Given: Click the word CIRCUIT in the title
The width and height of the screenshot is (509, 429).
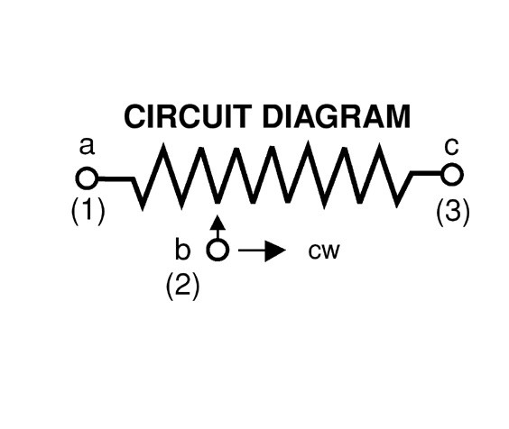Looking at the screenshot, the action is click(188, 116).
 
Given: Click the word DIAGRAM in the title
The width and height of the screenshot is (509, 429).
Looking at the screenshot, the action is click(337, 116).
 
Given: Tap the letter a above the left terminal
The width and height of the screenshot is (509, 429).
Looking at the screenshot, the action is click(87, 147).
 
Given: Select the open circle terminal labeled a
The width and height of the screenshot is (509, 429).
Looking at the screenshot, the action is click(87, 178).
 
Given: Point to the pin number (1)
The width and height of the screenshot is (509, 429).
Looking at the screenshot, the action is click(88, 211).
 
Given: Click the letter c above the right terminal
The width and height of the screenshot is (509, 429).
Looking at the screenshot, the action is click(451, 147).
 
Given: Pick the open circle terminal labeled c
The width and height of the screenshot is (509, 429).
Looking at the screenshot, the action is click(452, 175).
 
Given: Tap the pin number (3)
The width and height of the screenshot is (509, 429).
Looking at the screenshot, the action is click(452, 213).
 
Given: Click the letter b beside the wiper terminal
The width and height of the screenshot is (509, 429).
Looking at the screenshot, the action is click(182, 249).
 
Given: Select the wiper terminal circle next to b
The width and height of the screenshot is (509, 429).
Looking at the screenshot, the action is click(217, 250).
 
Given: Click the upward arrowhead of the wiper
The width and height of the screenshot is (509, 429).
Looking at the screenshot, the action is click(217, 223).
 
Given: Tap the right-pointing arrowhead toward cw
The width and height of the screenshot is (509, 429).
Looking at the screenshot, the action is click(275, 250).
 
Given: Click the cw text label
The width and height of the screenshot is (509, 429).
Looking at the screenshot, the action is click(324, 251).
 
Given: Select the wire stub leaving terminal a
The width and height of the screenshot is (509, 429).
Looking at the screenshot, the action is click(116, 178).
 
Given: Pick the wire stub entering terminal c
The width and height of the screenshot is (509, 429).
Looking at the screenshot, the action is click(427, 173).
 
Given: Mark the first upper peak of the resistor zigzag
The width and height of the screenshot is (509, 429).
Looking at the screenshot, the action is click(163, 145).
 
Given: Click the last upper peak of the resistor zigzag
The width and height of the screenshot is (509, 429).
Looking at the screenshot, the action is click(379, 146).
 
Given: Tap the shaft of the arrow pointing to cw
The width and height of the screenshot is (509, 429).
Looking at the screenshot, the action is click(252, 250).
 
